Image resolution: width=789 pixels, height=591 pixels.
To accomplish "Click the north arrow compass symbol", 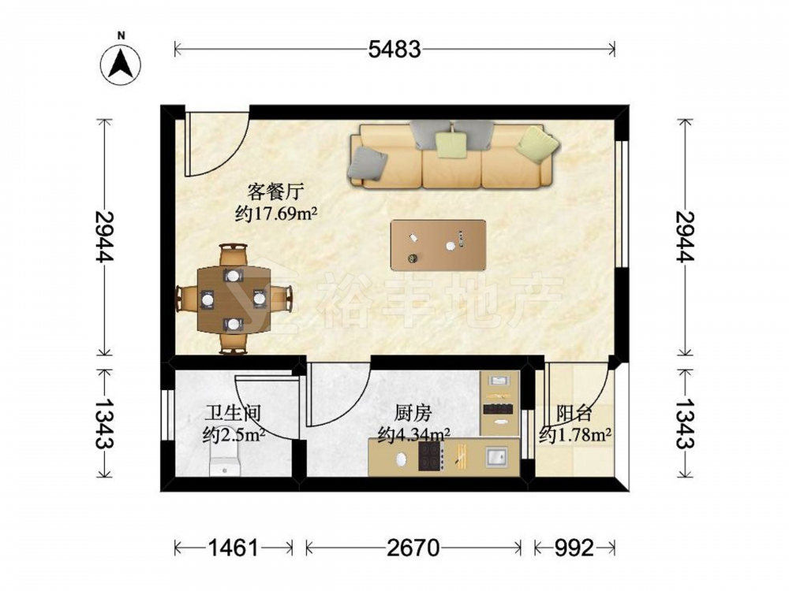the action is coord(121,64).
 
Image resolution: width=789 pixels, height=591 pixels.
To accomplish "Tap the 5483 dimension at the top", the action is coord(394,49).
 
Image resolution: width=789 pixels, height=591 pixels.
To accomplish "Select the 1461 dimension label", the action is coord(234,548).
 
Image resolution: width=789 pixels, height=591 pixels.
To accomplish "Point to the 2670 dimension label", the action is coord(413,548).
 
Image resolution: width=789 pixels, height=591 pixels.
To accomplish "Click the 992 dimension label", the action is coord(574,548).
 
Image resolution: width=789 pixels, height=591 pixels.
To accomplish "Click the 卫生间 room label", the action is coord(233,414).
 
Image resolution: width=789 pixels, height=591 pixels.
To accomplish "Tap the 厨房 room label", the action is coord(413,414).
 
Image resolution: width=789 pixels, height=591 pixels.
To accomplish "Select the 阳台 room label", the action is coord(574,414).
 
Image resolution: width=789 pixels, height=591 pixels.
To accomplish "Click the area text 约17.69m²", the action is coord(276,214).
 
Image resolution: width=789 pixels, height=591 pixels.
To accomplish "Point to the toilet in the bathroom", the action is coord(225,459).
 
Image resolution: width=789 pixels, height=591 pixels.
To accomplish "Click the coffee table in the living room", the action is coord(438,245).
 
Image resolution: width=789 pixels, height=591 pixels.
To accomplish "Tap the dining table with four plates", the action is coord(233,299).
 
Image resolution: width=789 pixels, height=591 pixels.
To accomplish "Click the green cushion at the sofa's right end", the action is coord(537,143).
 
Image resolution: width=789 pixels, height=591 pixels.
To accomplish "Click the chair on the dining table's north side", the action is coord(233,255).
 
